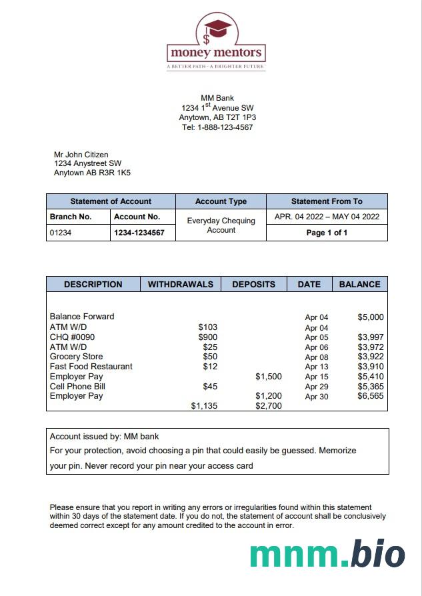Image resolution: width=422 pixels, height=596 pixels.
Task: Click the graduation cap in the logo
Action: point(217,28)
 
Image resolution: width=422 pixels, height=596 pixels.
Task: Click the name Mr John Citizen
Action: point(81,155)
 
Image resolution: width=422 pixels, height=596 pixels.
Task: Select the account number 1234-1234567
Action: point(139,233)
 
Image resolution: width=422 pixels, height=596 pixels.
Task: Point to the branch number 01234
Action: point(61,233)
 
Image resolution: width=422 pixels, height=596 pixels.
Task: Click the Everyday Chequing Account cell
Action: point(221,225)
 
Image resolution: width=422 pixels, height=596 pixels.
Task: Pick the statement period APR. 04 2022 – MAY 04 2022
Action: point(327,217)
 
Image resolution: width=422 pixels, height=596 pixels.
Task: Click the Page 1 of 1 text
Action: point(327,233)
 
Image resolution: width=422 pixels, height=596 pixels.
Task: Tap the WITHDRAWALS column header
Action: point(180,284)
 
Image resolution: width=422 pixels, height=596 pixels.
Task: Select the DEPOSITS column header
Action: point(253,284)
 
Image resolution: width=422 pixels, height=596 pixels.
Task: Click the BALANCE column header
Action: point(359,284)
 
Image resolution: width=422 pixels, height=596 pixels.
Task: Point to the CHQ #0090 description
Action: point(72,337)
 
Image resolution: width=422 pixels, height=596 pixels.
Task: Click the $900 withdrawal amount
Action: point(208,337)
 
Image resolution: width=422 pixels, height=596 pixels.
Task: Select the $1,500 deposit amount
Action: point(268,377)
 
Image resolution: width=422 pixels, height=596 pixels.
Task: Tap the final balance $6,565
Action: point(371,396)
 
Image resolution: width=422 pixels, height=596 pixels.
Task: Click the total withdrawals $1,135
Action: point(204,405)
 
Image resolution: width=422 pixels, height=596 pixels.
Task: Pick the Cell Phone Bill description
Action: point(77,386)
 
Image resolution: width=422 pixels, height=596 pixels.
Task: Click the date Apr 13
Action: point(317,367)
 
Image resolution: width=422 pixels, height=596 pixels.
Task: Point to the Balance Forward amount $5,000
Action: point(371,317)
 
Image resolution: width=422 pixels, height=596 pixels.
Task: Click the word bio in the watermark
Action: point(378,555)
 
